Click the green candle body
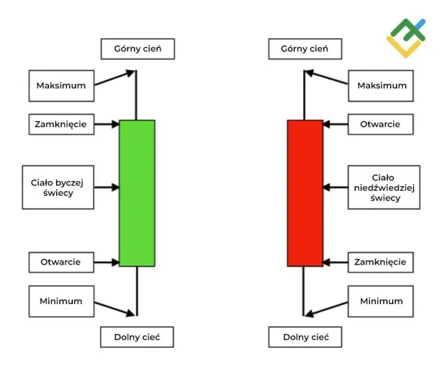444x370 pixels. tap(137, 193)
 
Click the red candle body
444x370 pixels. tap(305, 193)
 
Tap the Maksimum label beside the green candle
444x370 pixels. tap(61, 85)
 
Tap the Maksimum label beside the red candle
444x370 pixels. tap(382, 85)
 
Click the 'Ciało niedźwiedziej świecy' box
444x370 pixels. tap(384, 187)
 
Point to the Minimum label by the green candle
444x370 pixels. tap(61, 301)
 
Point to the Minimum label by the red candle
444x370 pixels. tap(381, 301)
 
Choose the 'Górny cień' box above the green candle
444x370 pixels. tap(137, 49)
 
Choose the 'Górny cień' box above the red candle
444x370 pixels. tap(304, 49)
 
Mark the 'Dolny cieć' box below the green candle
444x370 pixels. tap(137, 337)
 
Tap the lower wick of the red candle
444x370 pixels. tap(304, 292)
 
